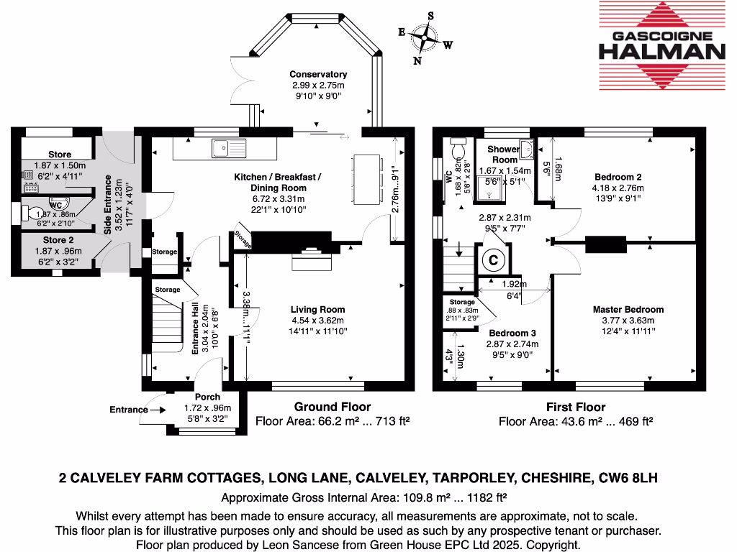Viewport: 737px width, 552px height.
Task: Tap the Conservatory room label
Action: click(318, 74)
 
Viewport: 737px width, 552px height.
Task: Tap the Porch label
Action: click(208, 397)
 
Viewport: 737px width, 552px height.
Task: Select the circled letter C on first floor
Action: click(493, 259)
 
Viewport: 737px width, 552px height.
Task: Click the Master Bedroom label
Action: click(628, 310)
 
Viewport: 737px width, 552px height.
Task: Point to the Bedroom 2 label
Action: click(618, 177)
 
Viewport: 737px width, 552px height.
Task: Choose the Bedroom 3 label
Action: click(512, 333)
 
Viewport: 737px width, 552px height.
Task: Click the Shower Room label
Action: click(505, 155)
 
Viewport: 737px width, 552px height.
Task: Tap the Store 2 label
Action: click(58, 240)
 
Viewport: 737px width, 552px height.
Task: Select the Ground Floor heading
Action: click(333, 407)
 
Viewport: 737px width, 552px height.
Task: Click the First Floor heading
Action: click(575, 407)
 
